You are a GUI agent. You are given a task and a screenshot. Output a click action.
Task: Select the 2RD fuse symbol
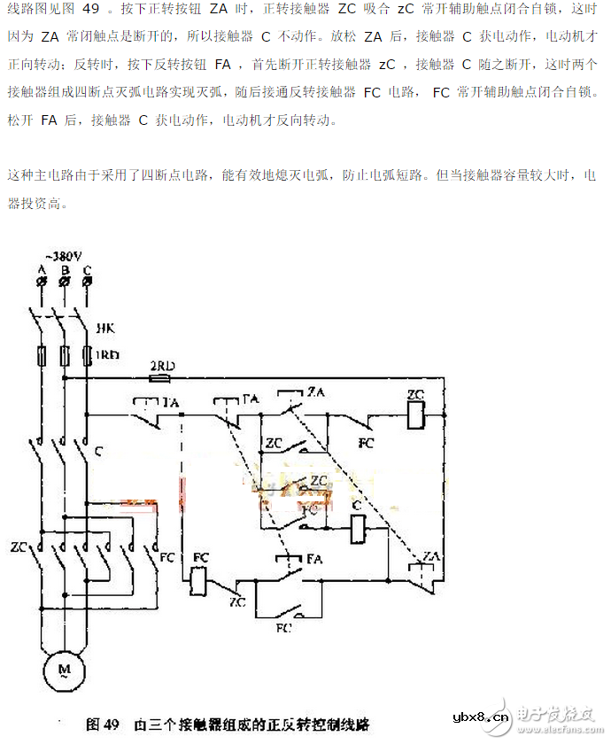click(160, 376)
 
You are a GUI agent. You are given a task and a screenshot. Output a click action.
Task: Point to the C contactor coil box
click(359, 530)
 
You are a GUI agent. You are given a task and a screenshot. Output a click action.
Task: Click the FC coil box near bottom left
click(200, 580)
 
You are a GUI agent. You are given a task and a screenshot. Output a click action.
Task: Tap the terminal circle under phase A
click(40, 281)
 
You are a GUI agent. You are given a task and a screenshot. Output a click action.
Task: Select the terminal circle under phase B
click(63, 281)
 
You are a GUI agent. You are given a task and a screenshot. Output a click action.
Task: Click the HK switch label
click(104, 328)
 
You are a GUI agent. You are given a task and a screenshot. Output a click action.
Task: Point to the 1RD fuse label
click(108, 355)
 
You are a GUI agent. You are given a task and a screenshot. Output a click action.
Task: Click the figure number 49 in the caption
click(111, 724)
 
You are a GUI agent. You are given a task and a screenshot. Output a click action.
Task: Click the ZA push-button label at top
click(315, 391)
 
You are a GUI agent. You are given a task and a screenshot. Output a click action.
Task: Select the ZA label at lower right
click(431, 555)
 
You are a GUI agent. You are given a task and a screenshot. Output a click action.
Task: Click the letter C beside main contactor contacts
click(99, 452)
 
